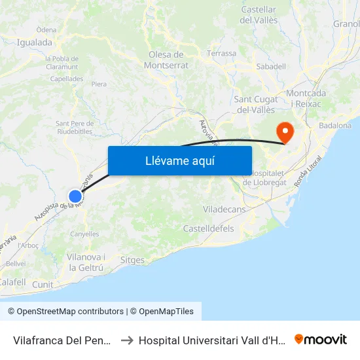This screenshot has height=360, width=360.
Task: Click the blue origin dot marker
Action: pos(75,196)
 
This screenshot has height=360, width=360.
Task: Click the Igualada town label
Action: pos(35,43)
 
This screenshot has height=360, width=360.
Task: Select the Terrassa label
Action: pos(221,53)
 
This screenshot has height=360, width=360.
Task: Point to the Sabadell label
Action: pos(271,66)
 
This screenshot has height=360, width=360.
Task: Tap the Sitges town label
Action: pos(133,260)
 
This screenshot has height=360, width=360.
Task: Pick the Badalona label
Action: pos(335,125)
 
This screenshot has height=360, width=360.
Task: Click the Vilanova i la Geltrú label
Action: pos(85,262)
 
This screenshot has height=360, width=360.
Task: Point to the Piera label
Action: pos(99,84)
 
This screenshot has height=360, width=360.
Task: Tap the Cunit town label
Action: pos(43,285)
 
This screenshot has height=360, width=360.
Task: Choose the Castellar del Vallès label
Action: pos(259,14)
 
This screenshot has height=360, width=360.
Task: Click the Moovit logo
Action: pos(321,339)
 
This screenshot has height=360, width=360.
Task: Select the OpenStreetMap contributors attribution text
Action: pos(70,312)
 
